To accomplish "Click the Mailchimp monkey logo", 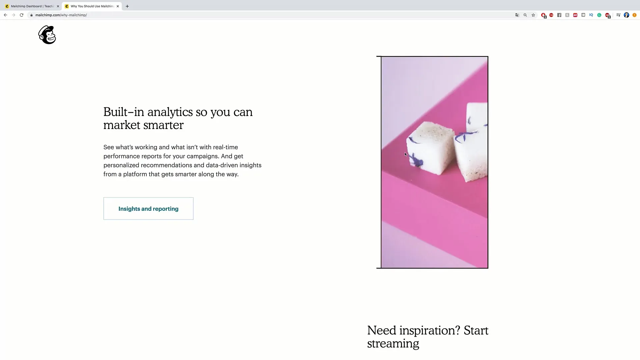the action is coord(47,35).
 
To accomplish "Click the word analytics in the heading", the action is coord(170,112).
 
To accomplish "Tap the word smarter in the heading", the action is coord(163,125).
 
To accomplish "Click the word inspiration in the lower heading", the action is coord(430,331).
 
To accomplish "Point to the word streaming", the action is coord(393,344).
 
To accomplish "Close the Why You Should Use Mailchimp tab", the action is coord(118,6).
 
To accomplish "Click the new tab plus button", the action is coord(127,6).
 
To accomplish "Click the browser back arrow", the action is coord(5,15).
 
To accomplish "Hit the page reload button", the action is coord(22,15).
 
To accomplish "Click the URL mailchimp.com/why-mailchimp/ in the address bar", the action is coord(61,15).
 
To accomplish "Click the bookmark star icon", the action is coord(533,15).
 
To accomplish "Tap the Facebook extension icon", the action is coord(559,15).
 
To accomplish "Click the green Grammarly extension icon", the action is coord(599,15).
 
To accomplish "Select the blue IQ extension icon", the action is coord(591,15).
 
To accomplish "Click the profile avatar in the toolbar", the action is coord(627,15).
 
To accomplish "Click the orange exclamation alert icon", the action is coord(634,15).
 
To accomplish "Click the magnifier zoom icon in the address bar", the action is coord(525,15).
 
